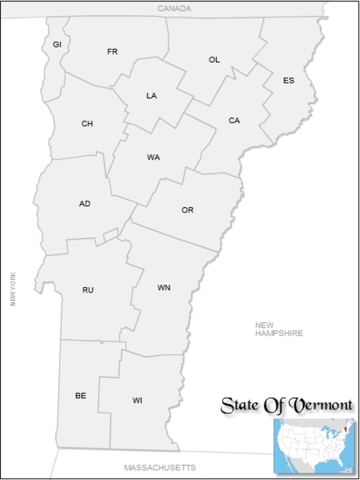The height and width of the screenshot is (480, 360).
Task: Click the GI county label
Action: [57, 45]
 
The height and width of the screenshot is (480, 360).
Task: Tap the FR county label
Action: [112, 52]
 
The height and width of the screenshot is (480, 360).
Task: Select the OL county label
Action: [215, 60]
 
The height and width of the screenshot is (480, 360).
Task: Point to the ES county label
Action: [289, 81]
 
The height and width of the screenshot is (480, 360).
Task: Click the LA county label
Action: [151, 96]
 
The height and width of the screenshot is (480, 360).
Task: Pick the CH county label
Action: [87, 124]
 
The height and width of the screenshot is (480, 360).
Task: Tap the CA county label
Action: [234, 121]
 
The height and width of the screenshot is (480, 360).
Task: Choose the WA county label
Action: [153, 157]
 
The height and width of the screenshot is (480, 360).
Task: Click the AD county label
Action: [85, 204]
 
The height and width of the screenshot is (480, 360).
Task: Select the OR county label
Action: [188, 210]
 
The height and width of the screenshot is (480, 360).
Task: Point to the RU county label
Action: [88, 290]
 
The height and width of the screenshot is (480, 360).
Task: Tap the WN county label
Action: [164, 288]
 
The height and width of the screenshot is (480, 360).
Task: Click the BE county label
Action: [81, 396]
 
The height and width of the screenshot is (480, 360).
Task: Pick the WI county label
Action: [138, 400]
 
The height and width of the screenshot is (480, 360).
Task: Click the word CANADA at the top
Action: [175, 9]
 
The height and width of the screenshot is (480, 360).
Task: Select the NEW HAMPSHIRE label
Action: [279, 329]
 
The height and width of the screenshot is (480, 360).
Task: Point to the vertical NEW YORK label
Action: [13, 289]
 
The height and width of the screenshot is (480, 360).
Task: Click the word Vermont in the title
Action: [320, 405]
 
